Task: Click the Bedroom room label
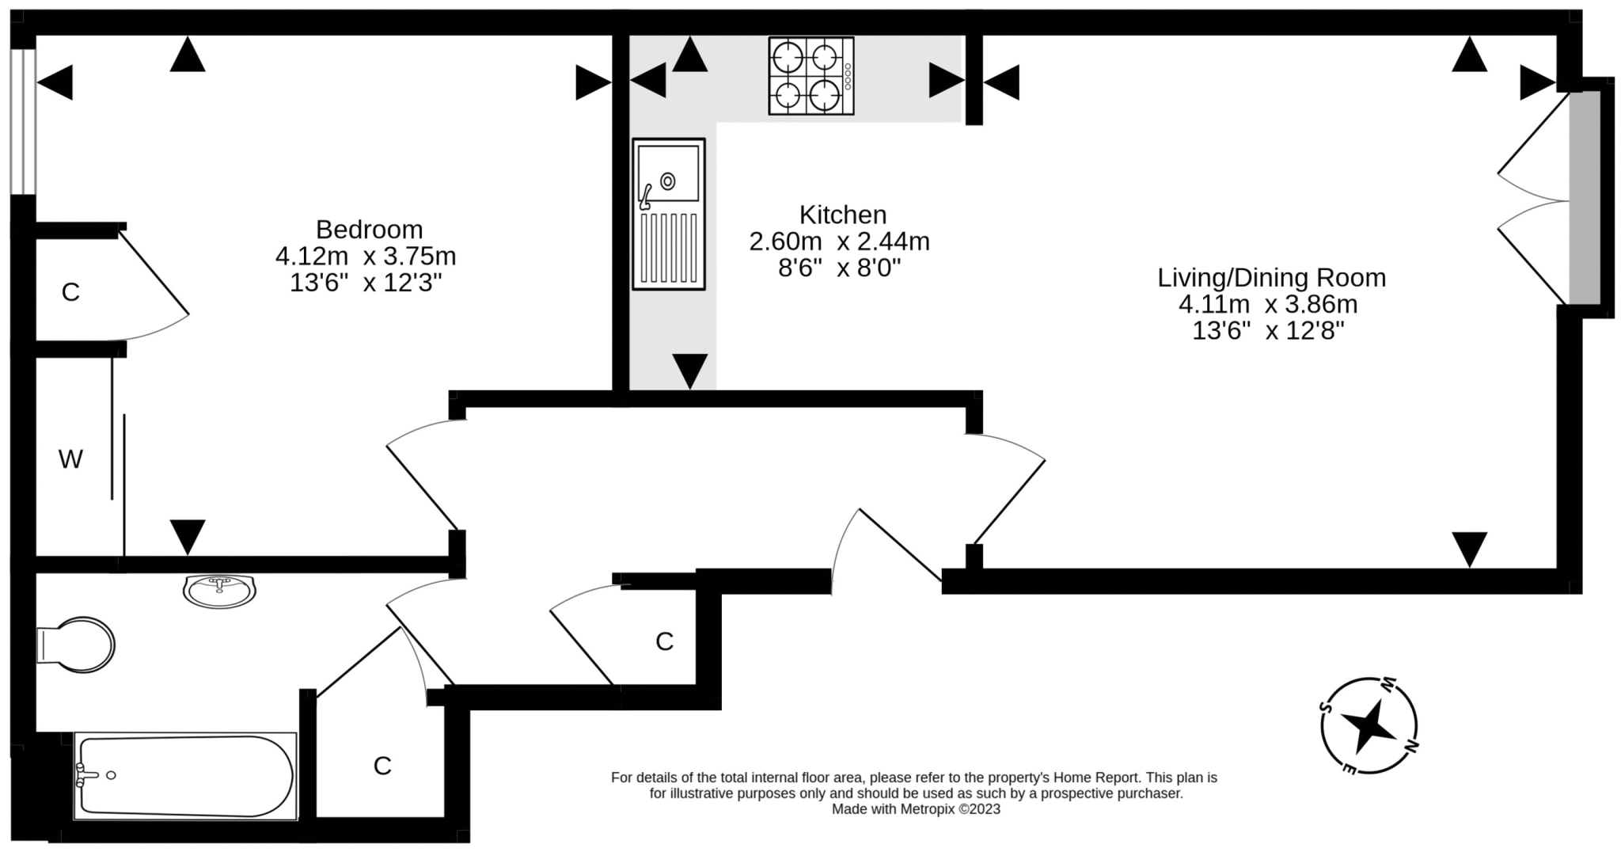point(369,230)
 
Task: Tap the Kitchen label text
point(843,215)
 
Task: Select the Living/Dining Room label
point(1272,278)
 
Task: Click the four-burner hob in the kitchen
point(811,76)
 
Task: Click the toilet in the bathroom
point(76,645)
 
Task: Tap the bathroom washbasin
point(220,590)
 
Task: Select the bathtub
point(186,776)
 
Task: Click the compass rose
point(1369,726)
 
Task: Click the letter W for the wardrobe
point(70,459)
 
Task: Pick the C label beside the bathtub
point(382,766)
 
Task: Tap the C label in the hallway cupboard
point(665,641)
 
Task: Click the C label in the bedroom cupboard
point(70,292)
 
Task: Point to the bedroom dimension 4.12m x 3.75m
point(366,257)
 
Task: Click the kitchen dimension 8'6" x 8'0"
point(840,268)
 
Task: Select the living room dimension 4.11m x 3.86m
point(1268,304)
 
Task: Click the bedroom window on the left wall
point(23,121)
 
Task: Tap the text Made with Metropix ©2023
point(916,809)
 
